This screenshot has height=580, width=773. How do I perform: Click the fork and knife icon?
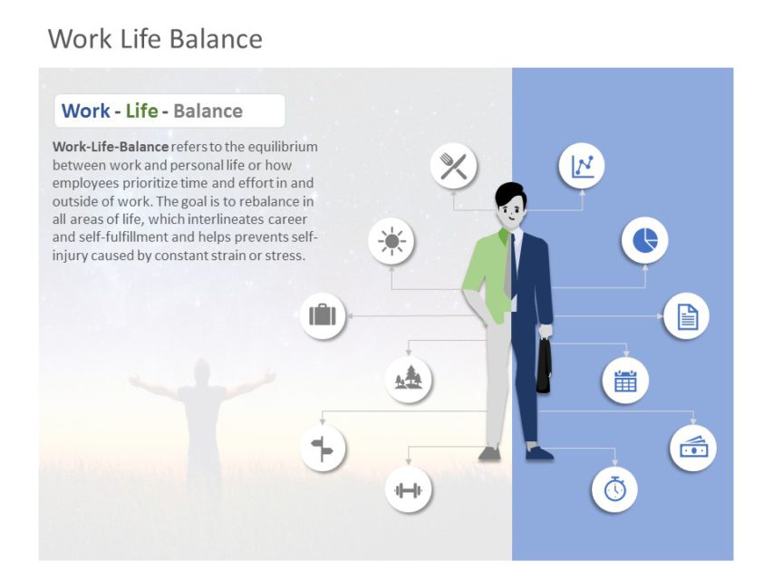pyautogui.click(x=453, y=166)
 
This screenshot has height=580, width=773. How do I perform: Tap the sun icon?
pyautogui.click(x=391, y=241)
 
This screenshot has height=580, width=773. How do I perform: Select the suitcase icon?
pyautogui.click(x=323, y=315)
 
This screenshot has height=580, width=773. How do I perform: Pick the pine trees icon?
pyautogui.click(x=409, y=377)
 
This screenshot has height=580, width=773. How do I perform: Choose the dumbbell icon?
pyautogui.click(x=409, y=490)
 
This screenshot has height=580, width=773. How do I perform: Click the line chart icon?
pyautogui.click(x=581, y=166)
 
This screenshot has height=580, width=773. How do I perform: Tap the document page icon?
pyautogui.click(x=687, y=316)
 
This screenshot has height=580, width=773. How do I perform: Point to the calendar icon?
pyautogui.click(x=625, y=380)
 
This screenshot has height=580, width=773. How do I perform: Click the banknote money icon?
pyautogui.click(x=693, y=447)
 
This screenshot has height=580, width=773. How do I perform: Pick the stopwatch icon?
pyautogui.click(x=614, y=488)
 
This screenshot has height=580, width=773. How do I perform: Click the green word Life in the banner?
pyautogui.click(x=141, y=111)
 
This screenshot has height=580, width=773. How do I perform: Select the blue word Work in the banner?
pyautogui.click(x=85, y=111)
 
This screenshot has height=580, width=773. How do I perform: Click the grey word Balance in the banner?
pyautogui.click(x=208, y=111)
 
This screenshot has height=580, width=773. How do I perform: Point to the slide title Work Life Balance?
pyautogui.click(x=155, y=39)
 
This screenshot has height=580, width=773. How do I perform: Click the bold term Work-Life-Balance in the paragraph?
pyautogui.click(x=111, y=146)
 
